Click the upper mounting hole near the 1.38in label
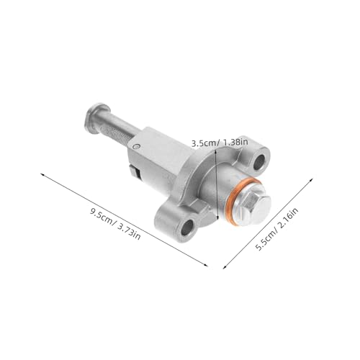(x=260, y=158)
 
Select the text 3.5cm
(x=204, y=143)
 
